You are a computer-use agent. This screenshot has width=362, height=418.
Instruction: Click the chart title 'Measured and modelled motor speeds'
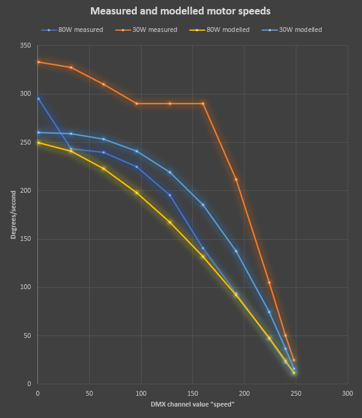[181, 11]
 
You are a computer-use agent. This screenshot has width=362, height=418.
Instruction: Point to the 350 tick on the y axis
[26, 45]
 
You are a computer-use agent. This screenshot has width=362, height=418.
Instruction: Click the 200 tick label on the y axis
[26, 190]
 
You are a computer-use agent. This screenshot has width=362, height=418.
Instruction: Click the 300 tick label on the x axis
[348, 393]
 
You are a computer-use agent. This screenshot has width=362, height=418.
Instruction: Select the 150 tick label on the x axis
[193, 393]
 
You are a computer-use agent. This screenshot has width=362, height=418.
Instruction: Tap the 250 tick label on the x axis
[296, 393]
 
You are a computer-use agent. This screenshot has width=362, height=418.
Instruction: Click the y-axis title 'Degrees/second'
[13, 214]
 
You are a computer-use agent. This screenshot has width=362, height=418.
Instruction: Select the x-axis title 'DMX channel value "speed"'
[192, 404]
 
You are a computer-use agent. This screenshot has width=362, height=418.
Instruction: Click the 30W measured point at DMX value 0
[38, 62]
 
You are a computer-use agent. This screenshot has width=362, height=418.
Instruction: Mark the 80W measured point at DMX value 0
[38, 99]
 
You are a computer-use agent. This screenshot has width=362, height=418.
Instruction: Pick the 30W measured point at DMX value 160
[203, 104]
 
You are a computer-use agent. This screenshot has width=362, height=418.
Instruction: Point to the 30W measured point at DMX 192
[236, 179]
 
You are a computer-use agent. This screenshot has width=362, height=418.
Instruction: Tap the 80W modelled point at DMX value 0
[38, 143]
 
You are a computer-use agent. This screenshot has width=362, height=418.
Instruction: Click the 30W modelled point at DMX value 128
[170, 172]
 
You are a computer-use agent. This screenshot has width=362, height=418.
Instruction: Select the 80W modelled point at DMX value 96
[137, 193]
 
